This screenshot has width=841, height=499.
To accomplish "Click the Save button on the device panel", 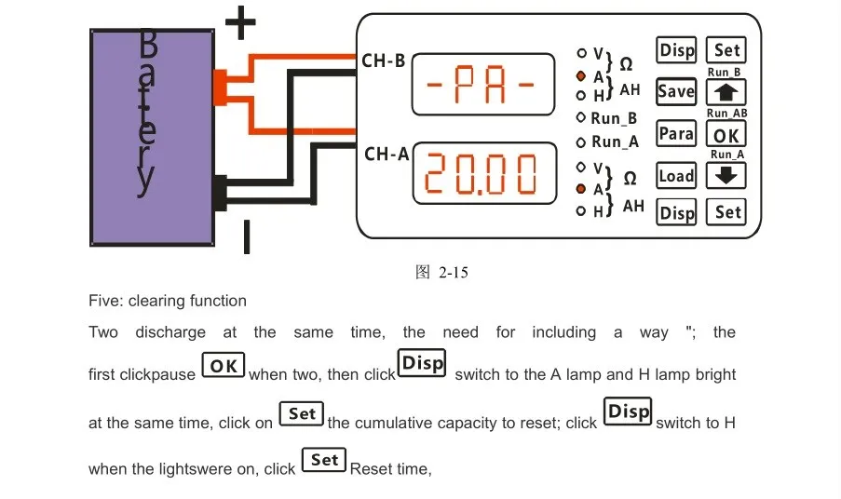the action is (676, 91).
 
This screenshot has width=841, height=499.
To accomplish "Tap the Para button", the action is (676, 133).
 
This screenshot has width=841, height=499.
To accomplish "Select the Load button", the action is (676, 176).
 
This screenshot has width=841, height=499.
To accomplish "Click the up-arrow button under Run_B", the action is (726, 92).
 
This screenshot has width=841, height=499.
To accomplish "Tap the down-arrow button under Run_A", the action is (726, 175).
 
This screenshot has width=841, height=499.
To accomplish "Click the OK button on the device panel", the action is (726, 134).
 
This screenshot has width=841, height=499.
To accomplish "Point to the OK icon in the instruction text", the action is (224, 366).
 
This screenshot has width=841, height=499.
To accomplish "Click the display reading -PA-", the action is (483, 84).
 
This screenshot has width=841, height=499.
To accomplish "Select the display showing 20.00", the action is (484, 173).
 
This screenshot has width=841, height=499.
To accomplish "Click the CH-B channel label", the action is (384, 61).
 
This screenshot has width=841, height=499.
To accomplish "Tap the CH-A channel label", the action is (387, 155).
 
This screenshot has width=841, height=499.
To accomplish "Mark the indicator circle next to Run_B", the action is (580, 117).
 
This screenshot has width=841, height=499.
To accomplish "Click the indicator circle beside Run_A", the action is (580, 142).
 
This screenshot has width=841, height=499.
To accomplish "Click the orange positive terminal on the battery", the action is (220, 88).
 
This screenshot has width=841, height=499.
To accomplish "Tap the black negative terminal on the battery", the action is (220, 193).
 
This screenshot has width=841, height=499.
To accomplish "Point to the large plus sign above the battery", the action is (240, 22).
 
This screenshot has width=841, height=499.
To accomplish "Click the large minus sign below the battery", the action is (247, 236).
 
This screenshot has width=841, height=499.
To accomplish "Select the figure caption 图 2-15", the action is (442, 272).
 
